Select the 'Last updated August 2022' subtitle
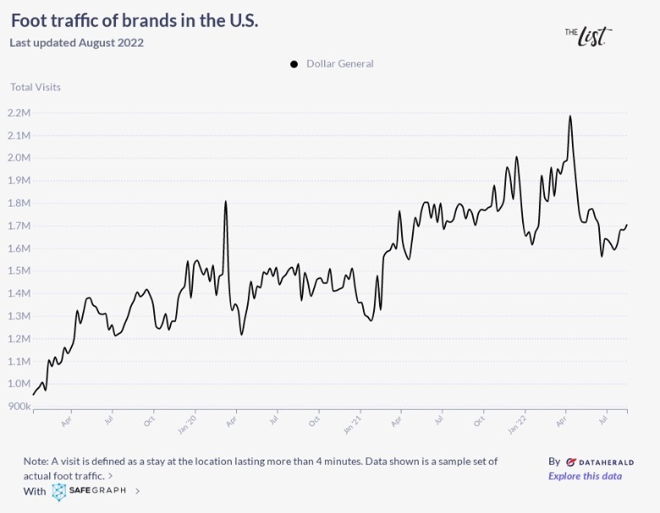pos(76,43)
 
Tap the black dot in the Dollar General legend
pos(294,64)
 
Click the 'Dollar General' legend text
pos(339,64)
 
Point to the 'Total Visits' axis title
pos(36,87)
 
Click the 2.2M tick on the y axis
pos(19,113)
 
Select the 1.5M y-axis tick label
pos(19,271)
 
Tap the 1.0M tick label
pos(19,384)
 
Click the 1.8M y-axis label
pos(19,203)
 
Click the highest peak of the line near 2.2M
pos(570,116)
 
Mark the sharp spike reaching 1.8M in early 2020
pos(226,201)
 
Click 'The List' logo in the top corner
pos(588,35)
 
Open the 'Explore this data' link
pos(585,476)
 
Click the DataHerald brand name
pos(599,462)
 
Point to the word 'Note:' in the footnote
pos(36,461)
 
